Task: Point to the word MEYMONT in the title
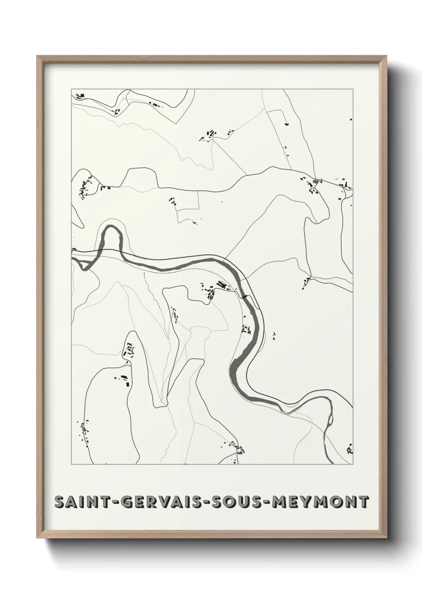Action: coord(319,502)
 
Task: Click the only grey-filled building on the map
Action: coord(316,182)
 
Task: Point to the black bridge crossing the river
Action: coord(244,296)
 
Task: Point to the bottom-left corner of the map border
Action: coord(71,464)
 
